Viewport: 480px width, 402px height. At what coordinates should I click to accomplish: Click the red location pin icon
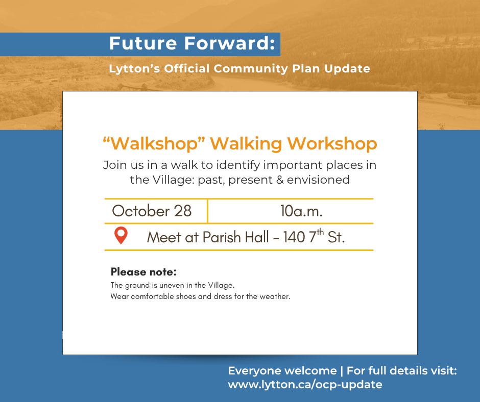coord(121,235)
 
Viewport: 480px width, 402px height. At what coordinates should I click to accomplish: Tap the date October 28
coord(152,211)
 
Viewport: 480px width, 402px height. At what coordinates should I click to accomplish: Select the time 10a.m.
coord(301,211)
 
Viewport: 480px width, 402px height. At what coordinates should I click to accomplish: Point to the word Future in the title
coord(143,43)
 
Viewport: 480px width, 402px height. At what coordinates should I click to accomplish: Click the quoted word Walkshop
coord(154,143)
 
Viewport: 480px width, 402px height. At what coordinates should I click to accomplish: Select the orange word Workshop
coord(332,144)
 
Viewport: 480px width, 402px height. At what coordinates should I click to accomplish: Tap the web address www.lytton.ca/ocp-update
coord(305,385)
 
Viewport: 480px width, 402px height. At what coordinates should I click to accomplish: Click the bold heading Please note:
coord(143,272)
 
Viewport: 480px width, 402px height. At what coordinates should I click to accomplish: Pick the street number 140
coord(294,237)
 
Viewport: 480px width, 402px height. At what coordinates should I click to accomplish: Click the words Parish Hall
coord(236,237)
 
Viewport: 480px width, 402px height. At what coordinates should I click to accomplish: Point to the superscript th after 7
coord(320,232)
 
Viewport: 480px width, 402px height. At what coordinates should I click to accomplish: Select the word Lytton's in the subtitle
coord(134,69)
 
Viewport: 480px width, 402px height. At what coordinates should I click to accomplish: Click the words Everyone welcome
coord(282,371)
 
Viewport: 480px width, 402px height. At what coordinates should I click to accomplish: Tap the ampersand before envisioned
coord(280,180)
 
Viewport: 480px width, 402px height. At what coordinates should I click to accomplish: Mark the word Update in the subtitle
coord(347,69)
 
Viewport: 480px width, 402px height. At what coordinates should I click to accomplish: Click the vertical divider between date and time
coord(207,211)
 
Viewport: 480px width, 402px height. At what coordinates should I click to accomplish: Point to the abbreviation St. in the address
coord(336,237)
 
